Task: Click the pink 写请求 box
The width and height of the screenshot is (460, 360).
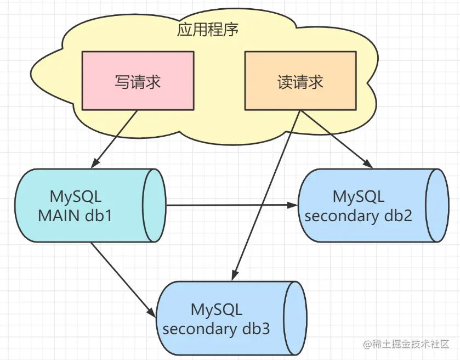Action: [x=138, y=81]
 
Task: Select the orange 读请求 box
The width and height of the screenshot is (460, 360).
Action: [x=300, y=81]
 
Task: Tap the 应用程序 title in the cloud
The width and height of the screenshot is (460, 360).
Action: [x=208, y=30]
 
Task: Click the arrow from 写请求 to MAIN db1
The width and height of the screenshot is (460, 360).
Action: [x=115, y=139]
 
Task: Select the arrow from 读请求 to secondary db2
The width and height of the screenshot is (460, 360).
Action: [x=337, y=139]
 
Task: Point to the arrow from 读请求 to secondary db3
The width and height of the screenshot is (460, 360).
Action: [x=266, y=195]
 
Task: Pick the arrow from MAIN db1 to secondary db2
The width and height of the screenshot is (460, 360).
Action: [x=232, y=205]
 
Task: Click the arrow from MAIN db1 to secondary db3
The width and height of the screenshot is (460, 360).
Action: [x=123, y=280]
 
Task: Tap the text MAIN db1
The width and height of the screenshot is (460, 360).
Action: [x=75, y=216]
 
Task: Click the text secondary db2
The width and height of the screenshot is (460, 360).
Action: [x=358, y=216]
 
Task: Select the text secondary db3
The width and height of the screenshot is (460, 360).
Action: [x=216, y=329]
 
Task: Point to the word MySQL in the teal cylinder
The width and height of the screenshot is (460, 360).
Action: [x=76, y=196]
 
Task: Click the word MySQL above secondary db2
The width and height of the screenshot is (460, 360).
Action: [x=359, y=196]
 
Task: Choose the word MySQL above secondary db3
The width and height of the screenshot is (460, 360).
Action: [x=217, y=309]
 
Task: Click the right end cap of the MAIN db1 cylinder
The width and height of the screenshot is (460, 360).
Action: [x=154, y=205]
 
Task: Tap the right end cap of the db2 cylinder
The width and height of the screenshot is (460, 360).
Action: [x=438, y=205]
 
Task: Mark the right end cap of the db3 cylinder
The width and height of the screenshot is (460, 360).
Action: [x=296, y=318]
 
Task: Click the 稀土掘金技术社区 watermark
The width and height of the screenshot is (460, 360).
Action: [x=406, y=344]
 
